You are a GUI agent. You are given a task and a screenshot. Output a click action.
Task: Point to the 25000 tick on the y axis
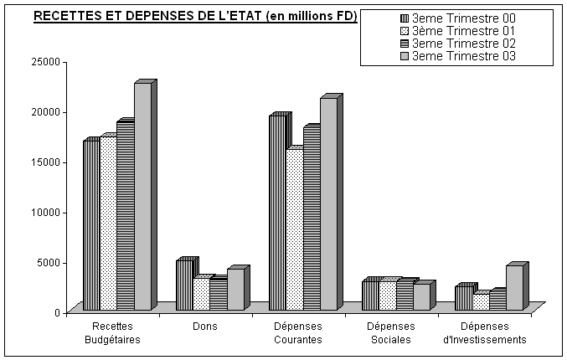[x=45, y=61]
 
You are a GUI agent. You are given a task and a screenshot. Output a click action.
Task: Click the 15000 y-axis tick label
[x=45, y=162]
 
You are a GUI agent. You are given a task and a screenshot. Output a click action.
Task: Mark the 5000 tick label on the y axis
[x=49, y=262]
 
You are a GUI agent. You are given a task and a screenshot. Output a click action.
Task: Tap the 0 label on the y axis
[x=57, y=312]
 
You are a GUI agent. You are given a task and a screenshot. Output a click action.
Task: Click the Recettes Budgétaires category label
[x=112, y=333]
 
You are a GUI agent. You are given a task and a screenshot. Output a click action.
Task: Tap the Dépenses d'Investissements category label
[x=484, y=333]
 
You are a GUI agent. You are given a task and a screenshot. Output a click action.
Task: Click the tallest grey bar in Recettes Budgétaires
[x=142, y=197]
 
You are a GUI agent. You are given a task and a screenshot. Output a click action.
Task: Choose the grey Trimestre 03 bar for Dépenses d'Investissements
[x=513, y=288]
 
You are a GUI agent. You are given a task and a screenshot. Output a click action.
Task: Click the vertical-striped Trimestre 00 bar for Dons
[x=184, y=285]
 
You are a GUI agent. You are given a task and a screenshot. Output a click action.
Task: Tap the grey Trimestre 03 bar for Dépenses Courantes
[x=327, y=204]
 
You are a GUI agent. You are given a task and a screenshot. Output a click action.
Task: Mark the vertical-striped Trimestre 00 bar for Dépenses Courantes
[x=276, y=213]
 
